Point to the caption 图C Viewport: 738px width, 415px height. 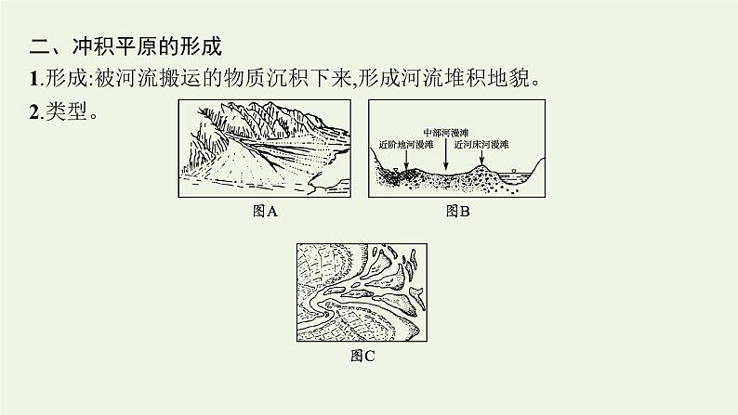361,352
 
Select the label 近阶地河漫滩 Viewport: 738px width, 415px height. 402,146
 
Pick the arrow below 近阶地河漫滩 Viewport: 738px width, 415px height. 404,160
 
